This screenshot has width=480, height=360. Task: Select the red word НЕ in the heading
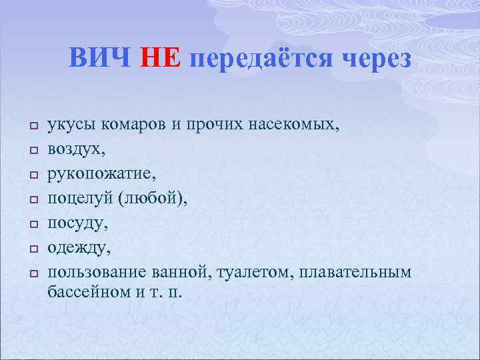pos(160,59)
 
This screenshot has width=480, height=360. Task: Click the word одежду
pos(75,248)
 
